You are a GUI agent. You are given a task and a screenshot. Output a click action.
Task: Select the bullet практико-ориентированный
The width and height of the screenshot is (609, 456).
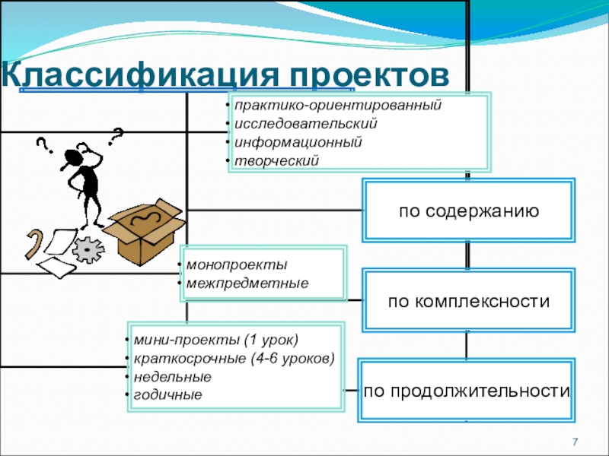pyautogui.click(x=338, y=105)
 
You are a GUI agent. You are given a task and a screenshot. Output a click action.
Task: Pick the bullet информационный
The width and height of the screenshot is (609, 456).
pyautogui.click(x=298, y=142)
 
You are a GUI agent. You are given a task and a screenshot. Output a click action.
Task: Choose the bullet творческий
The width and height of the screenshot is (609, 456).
pyautogui.click(x=278, y=160)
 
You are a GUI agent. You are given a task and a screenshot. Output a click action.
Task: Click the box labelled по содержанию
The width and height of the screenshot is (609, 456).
pyautogui.click(x=469, y=211)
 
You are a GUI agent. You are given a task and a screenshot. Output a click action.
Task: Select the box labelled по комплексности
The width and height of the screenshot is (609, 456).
pyautogui.click(x=469, y=302)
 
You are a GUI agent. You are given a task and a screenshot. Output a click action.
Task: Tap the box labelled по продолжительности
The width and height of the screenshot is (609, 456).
pyautogui.click(x=467, y=391)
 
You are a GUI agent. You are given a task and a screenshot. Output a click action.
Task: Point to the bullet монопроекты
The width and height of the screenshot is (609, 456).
pyautogui.click(x=237, y=266)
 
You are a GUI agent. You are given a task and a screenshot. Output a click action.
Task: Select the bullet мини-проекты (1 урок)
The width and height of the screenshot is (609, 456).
pyautogui.click(x=215, y=339)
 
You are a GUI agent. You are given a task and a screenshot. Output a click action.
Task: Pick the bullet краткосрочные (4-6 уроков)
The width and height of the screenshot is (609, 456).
pyautogui.click(x=233, y=358)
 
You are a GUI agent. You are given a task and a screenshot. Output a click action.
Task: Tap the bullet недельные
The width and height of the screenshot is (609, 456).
pyautogui.click(x=172, y=377)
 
